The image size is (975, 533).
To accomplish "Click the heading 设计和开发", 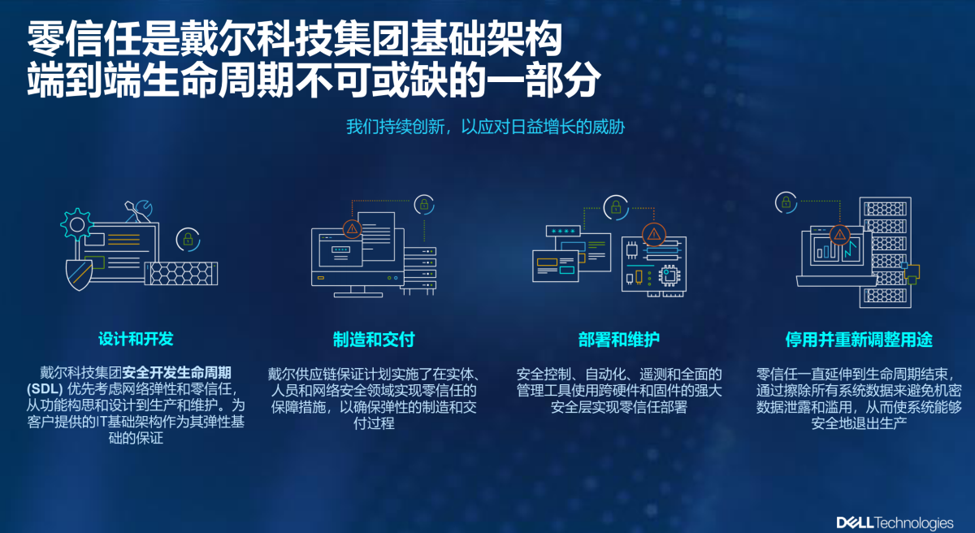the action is pyautogui.click(x=136, y=339).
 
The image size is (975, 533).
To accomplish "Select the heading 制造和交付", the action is pyautogui.click(x=374, y=340).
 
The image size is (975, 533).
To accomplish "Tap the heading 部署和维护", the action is pyautogui.click(x=619, y=340).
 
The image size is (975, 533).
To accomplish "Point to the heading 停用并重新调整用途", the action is pyautogui.click(x=859, y=340).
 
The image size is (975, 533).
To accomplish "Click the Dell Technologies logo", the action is pyautogui.click(x=895, y=522).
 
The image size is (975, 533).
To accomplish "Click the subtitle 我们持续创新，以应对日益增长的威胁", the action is pyautogui.click(x=485, y=127).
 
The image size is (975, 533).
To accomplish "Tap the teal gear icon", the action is pyautogui.click(x=77, y=224).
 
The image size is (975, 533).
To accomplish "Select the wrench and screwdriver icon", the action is pyautogui.click(x=138, y=211).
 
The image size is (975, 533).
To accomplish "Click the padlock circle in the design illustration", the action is pyautogui.click(x=188, y=240).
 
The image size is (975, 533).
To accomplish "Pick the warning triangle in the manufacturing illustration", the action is pyautogui.click(x=352, y=229).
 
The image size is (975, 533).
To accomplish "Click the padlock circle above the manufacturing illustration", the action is pyautogui.click(x=424, y=205).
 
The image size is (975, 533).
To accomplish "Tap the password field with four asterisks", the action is pyautogui.click(x=563, y=231).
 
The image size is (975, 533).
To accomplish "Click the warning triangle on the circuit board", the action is pyautogui.click(x=654, y=235).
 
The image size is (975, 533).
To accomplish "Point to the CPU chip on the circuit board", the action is pyautogui.click(x=669, y=275).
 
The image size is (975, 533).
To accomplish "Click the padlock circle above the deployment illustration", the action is pyautogui.click(x=616, y=207).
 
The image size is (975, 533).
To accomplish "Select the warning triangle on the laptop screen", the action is pyautogui.click(x=839, y=236).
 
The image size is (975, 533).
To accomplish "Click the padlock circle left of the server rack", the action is pyautogui.click(x=786, y=203).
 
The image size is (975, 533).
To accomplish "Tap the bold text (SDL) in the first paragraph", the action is pyautogui.click(x=45, y=389).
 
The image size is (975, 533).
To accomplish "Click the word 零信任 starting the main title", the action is pyautogui.click(x=84, y=39).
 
